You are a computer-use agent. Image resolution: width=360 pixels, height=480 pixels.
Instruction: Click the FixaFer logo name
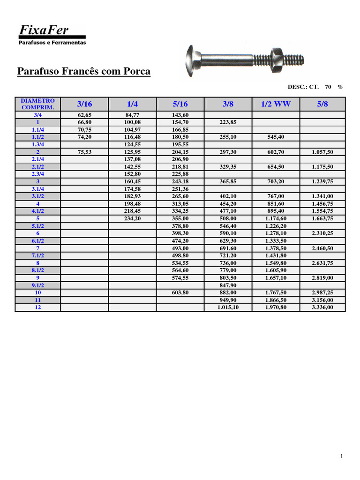point(44,30)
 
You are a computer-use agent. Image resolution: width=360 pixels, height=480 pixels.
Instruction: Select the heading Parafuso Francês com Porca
point(84,71)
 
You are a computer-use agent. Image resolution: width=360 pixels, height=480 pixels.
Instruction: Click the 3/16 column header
point(85,104)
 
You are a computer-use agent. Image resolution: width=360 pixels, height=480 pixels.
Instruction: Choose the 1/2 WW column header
point(276,104)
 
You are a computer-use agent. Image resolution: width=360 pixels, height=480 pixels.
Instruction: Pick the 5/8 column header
point(322,104)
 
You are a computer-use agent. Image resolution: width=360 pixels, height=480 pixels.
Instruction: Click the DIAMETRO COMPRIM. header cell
point(38,104)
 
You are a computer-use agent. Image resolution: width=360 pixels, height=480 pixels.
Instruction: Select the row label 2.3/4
point(38,174)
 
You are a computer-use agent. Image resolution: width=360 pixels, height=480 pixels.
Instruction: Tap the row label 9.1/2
point(38,285)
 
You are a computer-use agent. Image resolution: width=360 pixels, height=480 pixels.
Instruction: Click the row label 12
point(38,307)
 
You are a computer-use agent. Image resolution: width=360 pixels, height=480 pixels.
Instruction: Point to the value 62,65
point(85,115)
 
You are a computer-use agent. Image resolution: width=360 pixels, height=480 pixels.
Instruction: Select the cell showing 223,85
point(228,122)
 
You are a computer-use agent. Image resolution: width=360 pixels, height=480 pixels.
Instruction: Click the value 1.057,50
point(322,152)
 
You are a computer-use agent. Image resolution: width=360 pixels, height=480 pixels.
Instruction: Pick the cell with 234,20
point(133,218)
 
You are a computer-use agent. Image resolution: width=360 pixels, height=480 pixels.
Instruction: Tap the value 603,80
point(180,292)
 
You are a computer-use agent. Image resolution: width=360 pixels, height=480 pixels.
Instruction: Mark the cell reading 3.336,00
point(322,307)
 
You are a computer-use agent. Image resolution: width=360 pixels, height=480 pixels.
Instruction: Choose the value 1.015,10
point(228,307)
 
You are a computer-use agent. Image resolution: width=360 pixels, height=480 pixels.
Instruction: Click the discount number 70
point(328,87)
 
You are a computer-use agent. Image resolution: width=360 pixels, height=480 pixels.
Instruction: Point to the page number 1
point(342,456)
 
